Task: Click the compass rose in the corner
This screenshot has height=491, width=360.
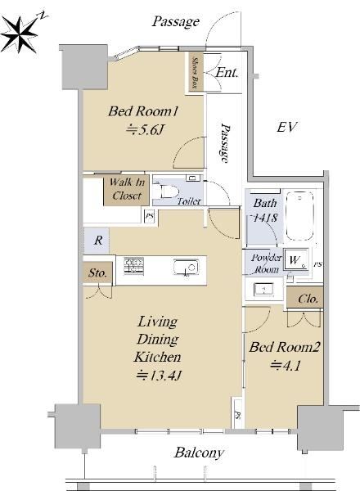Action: pyautogui.click(x=20, y=34)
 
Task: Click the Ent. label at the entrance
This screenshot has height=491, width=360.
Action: pyautogui.click(x=227, y=73)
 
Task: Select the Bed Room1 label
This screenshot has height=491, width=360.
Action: pyautogui.click(x=143, y=111)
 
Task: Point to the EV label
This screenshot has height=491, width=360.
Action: pyautogui.click(x=286, y=127)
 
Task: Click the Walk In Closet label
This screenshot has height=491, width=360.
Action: pyautogui.click(x=127, y=189)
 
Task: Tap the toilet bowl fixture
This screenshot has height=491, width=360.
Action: pyautogui.click(x=169, y=191)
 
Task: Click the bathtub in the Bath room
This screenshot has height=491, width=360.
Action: pyautogui.click(x=300, y=215)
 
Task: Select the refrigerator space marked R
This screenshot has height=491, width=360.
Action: pyautogui.click(x=97, y=241)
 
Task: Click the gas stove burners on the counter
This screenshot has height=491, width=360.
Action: pyautogui.click(x=133, y=266)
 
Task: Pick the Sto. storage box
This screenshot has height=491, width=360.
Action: pyautogui.click(x=97, y=273)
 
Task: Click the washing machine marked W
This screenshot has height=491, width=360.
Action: pyautogui.click(x=296, y=259)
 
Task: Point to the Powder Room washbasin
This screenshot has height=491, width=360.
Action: pyautogui.click(x=264, y=289)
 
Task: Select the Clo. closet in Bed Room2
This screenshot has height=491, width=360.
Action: pyautogui.click(x=305, y=298)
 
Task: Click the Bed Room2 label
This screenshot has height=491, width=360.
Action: pyautogui.click(x=284, y=347)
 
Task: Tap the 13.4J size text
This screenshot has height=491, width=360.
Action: pyautogui.click(x=159, y=375)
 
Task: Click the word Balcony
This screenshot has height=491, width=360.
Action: pyautogui.click(x=199, y=453)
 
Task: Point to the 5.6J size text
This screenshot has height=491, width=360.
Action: pyautogui.click(x=145, y=130)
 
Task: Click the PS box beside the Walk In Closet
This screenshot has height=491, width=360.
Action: pyautogui.click(x=150, y=216)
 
